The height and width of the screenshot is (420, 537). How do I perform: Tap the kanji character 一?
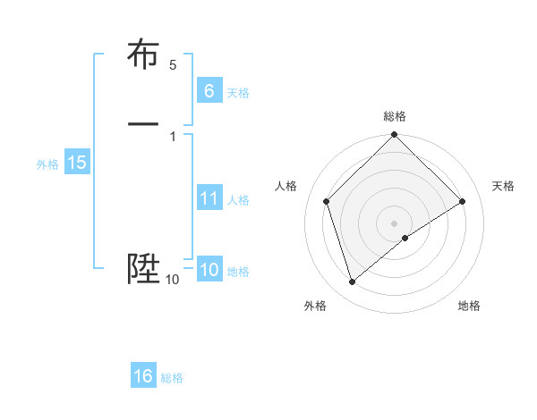coord(143,123)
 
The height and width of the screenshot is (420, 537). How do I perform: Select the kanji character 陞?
coord(143,269)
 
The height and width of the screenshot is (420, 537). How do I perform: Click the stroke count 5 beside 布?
coord(173,65)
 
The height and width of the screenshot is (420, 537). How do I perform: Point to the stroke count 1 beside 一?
coord(173,136)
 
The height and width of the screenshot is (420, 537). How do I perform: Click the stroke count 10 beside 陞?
coord(173,280)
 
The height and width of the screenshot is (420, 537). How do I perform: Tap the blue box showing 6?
coord(209,90)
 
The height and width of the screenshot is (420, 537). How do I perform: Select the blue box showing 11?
coord(209,198)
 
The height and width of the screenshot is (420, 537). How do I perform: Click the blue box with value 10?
coord(209,270)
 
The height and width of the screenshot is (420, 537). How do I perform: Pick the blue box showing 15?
coord(77,163)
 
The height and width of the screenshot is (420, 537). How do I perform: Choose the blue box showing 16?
coord(143,376)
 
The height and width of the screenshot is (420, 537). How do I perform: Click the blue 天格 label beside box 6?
coord(238,92)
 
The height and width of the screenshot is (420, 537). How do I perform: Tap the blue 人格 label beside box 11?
coord(238,200)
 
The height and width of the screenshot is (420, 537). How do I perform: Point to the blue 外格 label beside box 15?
coord(47,164)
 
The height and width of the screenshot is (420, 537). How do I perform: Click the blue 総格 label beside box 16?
coord(172,378)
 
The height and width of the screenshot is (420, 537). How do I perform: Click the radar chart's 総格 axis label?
coord(395,116)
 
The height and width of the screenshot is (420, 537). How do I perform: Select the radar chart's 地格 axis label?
coord(469,306)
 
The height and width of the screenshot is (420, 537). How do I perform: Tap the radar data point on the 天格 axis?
coord(463,201)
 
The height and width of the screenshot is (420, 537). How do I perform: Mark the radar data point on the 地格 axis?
coord(405,238)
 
